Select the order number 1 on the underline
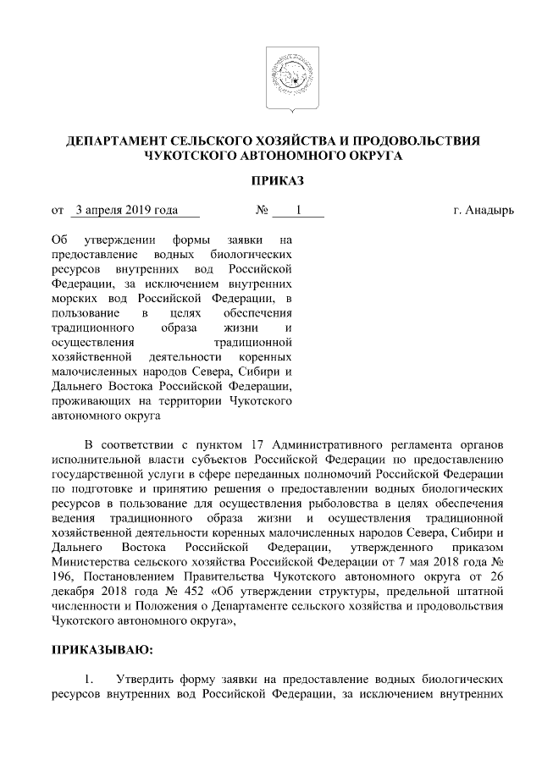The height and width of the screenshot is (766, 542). coord(298,208)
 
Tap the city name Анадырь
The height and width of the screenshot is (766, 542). coord(489,209)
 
